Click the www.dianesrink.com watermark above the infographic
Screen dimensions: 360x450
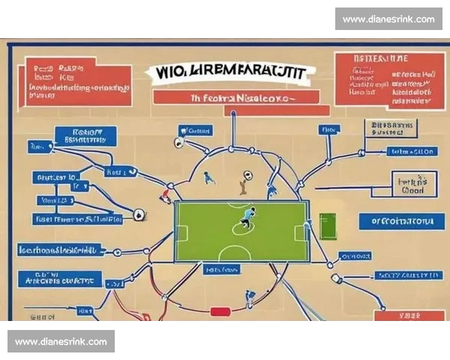pyautogui.click(x=388, y=19)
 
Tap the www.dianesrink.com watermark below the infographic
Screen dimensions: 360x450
pyautogui.click(x=61, y=341)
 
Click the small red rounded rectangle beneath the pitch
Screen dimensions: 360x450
pyautogui.click(x=220, y=311)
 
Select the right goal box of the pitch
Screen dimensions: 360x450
pyautogui.click(x=301, y=231)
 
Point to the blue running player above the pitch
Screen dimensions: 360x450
pyautogui.click(x=209, y=178)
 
